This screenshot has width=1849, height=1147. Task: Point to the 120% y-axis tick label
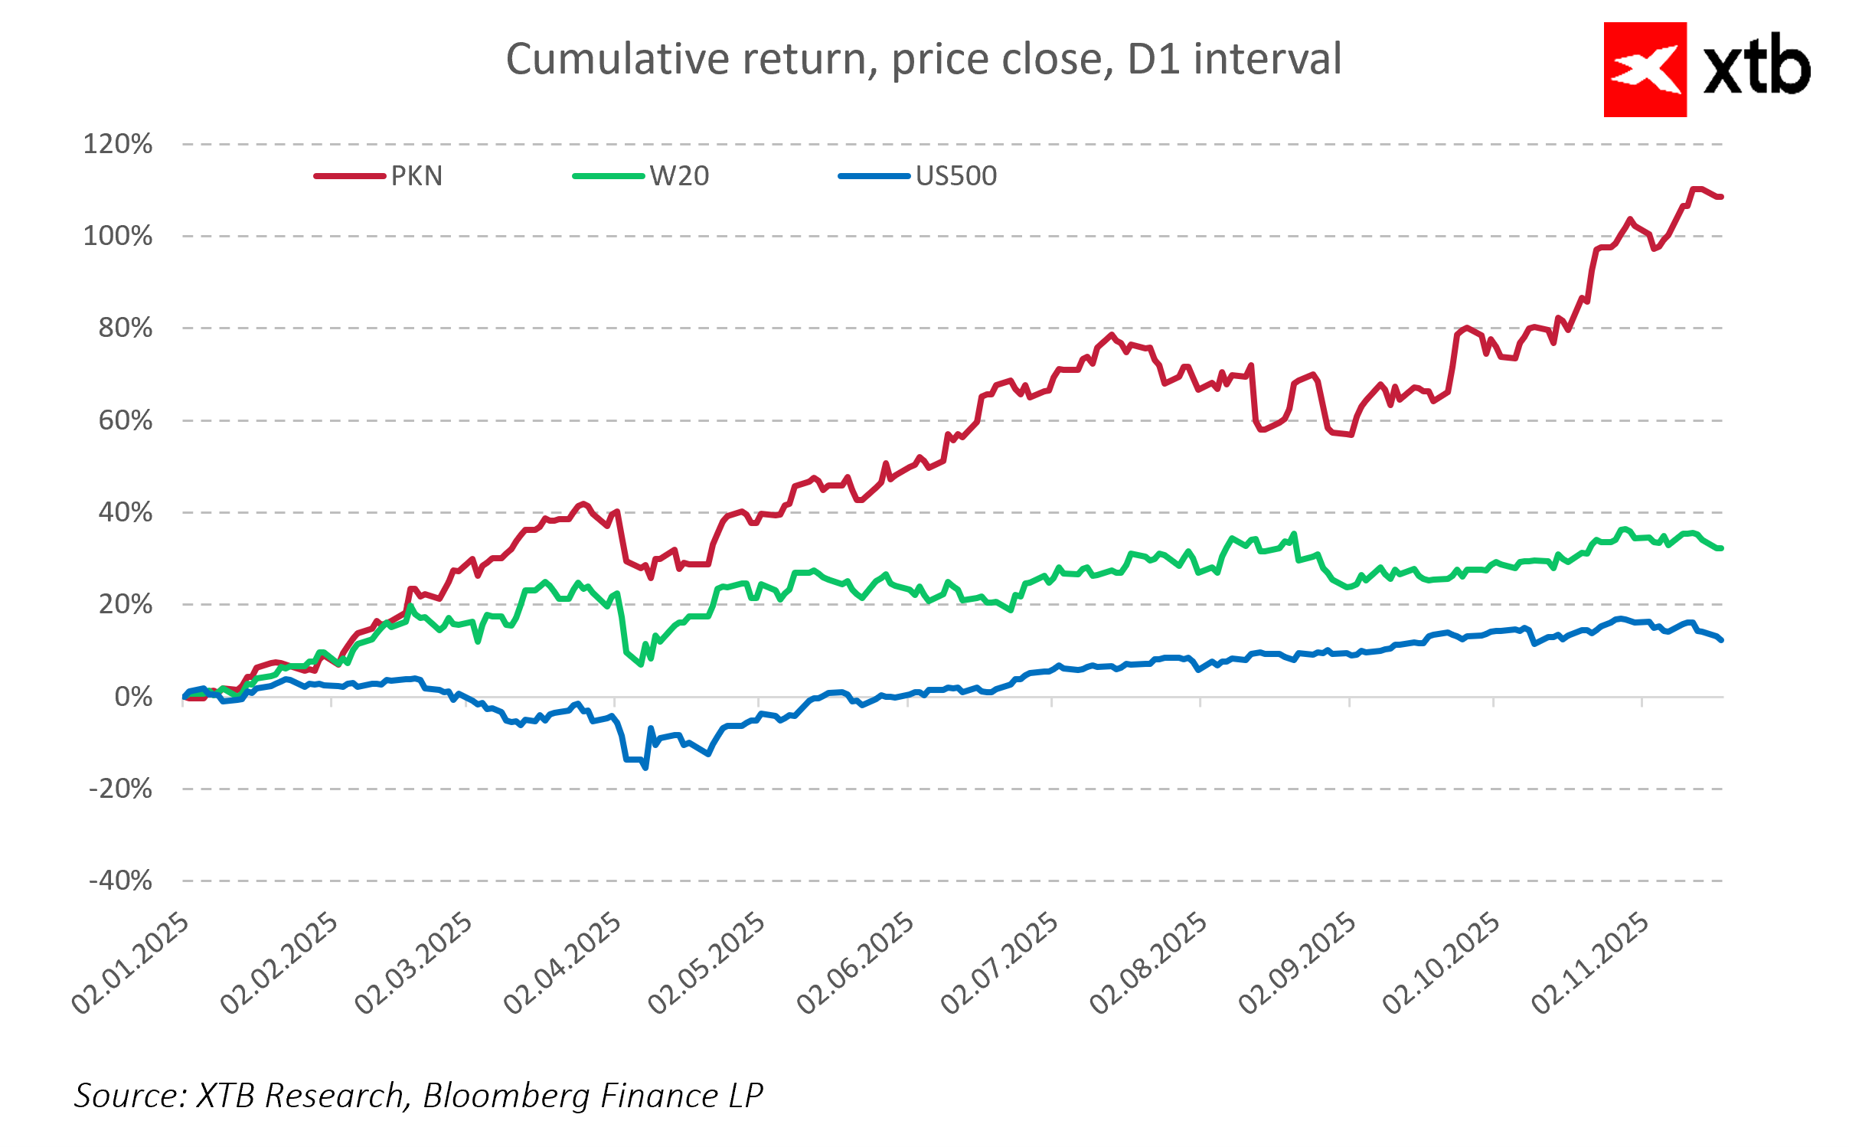118,144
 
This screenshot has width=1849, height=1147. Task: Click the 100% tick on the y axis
118,236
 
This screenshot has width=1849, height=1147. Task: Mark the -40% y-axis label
120,881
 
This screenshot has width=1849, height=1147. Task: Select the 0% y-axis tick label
133,697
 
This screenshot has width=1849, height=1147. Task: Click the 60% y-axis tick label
126,420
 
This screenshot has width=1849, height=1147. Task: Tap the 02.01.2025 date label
130,963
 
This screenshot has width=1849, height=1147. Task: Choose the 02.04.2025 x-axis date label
563,963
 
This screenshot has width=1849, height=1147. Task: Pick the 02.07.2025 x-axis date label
999,963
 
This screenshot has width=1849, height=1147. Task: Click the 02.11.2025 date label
1590,963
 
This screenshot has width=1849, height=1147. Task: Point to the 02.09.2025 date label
1297,963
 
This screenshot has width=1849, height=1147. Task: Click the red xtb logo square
1645,70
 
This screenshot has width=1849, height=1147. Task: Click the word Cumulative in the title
617,59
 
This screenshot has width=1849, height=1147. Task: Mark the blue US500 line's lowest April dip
645,766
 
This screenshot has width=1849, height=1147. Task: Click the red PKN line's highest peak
1694,188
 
